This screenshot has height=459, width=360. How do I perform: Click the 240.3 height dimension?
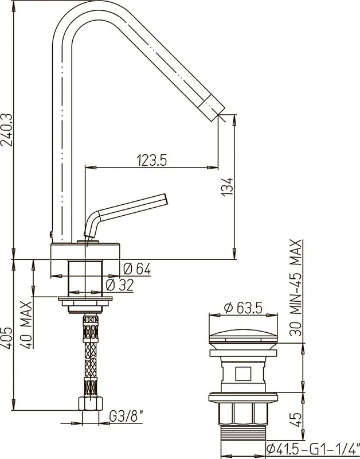[6, 130]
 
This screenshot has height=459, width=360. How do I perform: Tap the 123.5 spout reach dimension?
[152, 161]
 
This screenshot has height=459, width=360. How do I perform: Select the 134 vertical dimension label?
[227, 186]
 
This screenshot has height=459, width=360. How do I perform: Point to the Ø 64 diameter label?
[137, 269]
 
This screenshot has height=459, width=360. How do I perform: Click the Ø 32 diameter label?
[120, 285]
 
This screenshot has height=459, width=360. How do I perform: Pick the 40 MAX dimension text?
[27, 325]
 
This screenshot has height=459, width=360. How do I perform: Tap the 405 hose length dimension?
[6, 337]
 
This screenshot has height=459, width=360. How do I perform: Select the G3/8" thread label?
[126, 416]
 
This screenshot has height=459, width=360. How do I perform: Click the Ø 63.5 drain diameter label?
[243, 308]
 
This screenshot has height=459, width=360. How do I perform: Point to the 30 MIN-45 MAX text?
[295, 288]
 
